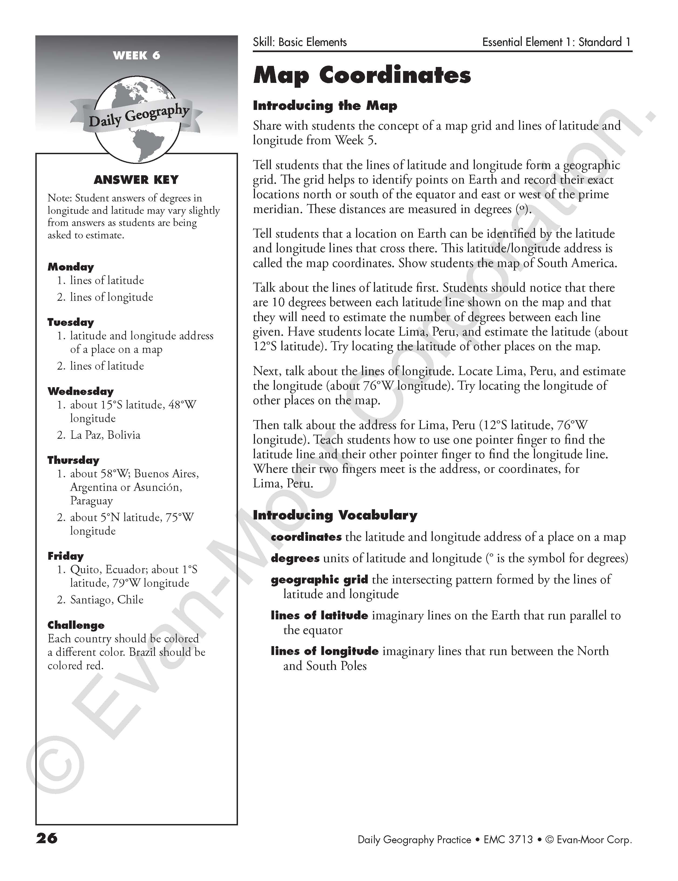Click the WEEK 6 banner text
pyautogui.click(x=136, y=55)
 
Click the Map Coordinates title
pyautogui.click(x=362, y=75)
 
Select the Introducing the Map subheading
pyautogui.click(x=325, y=106)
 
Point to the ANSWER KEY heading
pyautogui.click(x=136, y=180)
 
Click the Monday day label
pyautogui.click(x=70, y=267)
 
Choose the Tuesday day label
pyautogui.click(x=70, y=322)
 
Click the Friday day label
pyautogui.click(x=65, y=556)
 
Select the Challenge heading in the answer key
pyautogui.click(x=76, y=625)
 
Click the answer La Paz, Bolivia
pyautogui.click(x=105, y=435)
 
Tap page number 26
pyautogui.click(x=47, y=839)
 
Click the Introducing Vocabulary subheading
pyautogui.click(x=335, y=515)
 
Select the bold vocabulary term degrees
pyautogui.click(x=295, y=558)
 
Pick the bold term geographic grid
pyautogui.click(x=319, y=580)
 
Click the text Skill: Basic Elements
pyautogui.click(x=299, y=42)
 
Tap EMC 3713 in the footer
pyautogui.click(x=508, y=840)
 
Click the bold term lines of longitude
pyautogui.click(x=325, y=651)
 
